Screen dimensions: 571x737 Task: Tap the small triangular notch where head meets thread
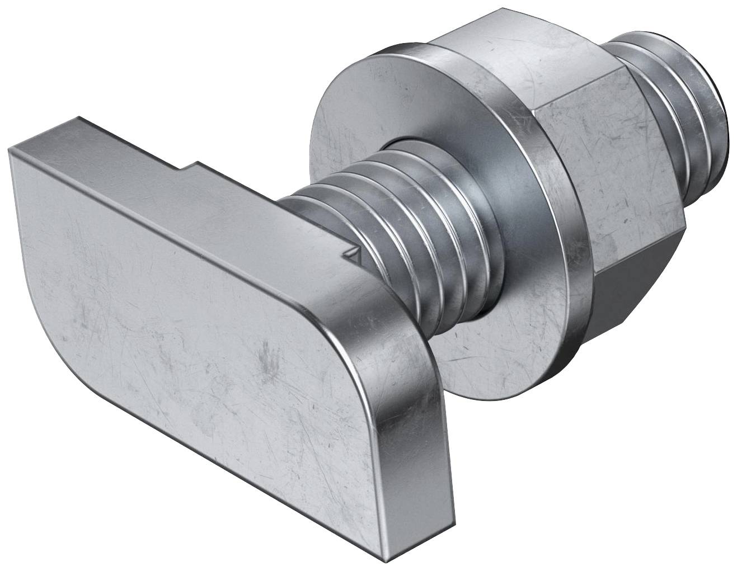(352, 254)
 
